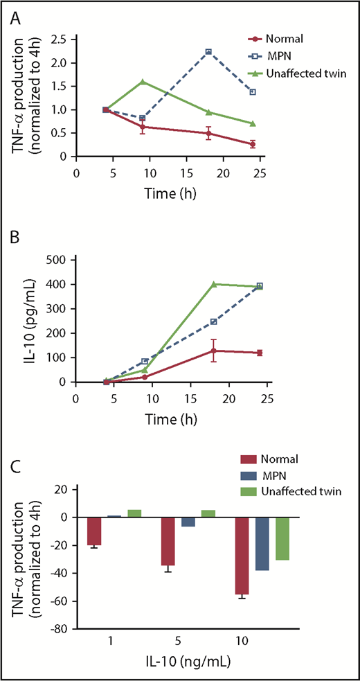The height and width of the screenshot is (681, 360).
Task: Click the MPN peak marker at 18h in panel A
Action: [208, 52]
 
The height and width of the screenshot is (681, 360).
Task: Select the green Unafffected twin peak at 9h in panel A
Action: [142, 82]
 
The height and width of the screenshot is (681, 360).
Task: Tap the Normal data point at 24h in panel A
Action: [253, 144]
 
